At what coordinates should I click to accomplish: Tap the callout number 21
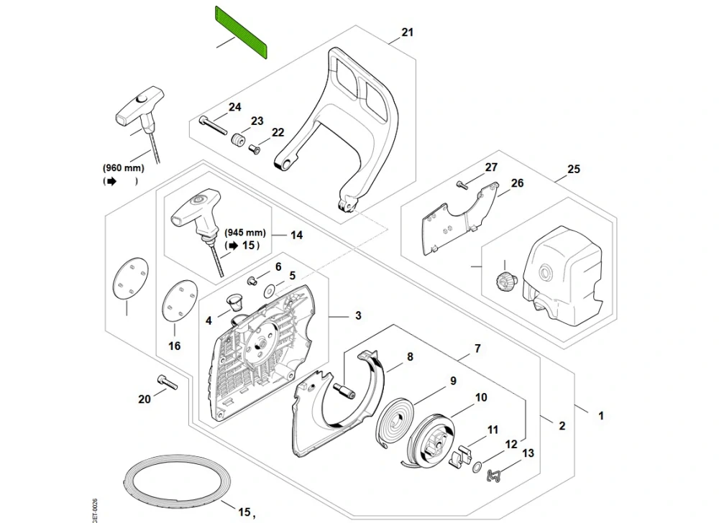(408, 33)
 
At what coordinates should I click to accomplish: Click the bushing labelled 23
(237, 139)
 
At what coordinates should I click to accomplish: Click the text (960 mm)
(124, 168)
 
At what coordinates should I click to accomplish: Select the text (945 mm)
(245, 233)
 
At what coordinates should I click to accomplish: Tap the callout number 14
(297, 235)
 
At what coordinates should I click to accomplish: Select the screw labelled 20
(166, 384)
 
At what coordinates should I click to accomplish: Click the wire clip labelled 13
(495, 475)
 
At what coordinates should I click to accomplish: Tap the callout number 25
(573, 170)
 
